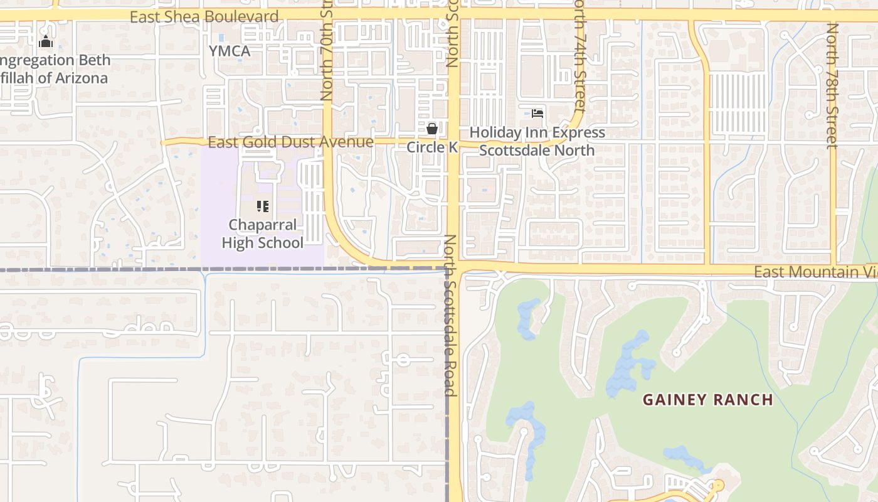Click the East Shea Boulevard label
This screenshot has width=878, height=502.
click(x=204, y=17)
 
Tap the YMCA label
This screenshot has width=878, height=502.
click(x=230, y=51)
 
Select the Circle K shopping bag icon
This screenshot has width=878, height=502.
click(x=431, y=129)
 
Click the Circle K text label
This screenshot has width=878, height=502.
click(x=432, y=147)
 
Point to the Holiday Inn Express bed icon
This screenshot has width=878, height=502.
click(x=537, y=114)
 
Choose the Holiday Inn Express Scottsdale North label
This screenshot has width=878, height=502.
click(x=537, y=141)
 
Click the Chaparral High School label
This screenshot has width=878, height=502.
click(x=263, y=233)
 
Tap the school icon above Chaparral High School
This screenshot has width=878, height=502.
click(x=263, y=206)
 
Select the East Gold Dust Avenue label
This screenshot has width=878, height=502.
click(x=290, y=142)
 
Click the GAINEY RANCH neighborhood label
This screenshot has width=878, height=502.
click(x=707, y=399)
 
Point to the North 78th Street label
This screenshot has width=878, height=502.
click(x=832, y=86)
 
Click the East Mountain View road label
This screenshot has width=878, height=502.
click(x=815, y=272)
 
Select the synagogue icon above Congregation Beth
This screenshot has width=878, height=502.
click(x=45, y=42)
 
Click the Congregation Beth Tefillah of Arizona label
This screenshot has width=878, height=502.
click(x=55, y=69)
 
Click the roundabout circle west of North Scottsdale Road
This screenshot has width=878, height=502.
click(x=403, y=360)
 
